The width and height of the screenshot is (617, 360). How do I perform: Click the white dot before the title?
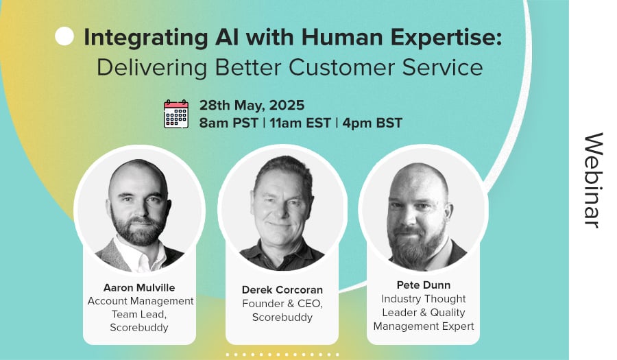click(64, 36)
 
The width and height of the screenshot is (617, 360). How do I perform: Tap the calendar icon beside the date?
click(176, 114)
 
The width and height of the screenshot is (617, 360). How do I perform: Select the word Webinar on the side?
click(594, 180)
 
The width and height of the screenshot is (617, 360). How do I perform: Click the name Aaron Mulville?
click(139, 287)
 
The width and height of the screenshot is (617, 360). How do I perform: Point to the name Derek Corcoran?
click(282, 290)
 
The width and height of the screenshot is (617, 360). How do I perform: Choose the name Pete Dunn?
click(424, 285)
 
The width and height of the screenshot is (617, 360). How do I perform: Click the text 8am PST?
click(228, 123)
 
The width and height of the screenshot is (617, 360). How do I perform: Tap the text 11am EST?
click(300, 123)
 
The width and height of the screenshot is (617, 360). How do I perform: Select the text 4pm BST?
click(372, 123)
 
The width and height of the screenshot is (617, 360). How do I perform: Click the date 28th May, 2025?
click(252, 106)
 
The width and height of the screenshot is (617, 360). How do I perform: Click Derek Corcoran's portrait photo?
click(282, 208)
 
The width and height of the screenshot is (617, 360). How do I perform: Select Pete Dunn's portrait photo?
click(424, 208)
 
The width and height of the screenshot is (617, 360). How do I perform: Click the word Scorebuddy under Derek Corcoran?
click(282, 317)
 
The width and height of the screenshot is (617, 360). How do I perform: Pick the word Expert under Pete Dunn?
click(458, 326)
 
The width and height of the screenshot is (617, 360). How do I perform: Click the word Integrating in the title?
click(146, 38)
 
